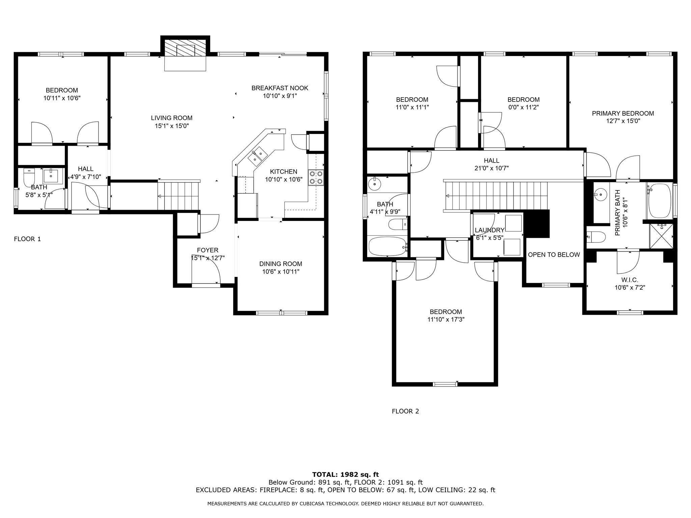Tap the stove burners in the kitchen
[x=316, y=178]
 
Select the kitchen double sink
[x=258, y=155]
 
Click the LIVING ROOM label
[x=171, y=118]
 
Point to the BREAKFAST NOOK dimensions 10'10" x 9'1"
[x=280, y=96]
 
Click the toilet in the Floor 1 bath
[x=29, y=177]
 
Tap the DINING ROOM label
[x=280, y=264]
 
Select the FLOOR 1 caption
[x=27, y=239]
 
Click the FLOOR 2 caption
[x=405, y=411]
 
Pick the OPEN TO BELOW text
[x=554, y=255]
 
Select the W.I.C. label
[x=630, y=280]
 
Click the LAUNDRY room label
[x=489, y=230]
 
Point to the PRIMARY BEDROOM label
[x=623, y=114]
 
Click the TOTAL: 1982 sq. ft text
[x=345, y=474]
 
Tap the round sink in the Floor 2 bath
[x=374, y=184]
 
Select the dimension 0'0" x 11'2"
[x=523, y=108]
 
